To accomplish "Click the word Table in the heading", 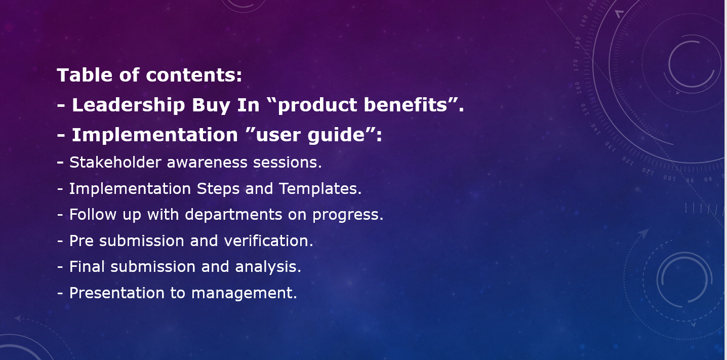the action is click(85, 75).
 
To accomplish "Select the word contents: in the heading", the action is click(194, 75).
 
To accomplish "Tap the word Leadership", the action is click(128, 105).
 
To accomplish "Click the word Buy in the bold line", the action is click(211, 105).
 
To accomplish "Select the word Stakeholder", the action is click(115, 162).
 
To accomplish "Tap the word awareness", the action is click(207, 163).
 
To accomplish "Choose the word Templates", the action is click(319, 188).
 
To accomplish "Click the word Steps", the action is click(218, 188).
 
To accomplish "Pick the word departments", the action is click(233, 215).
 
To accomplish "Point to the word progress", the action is click(347, 215).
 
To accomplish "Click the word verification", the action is click(268, 241).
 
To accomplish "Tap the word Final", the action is click(87, 266).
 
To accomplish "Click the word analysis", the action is click(268, 267).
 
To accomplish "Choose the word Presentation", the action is click(117, 293).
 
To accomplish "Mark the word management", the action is click(244, 294).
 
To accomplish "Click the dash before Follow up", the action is click(60, 215).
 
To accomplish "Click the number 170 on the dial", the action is click(576, 65).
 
